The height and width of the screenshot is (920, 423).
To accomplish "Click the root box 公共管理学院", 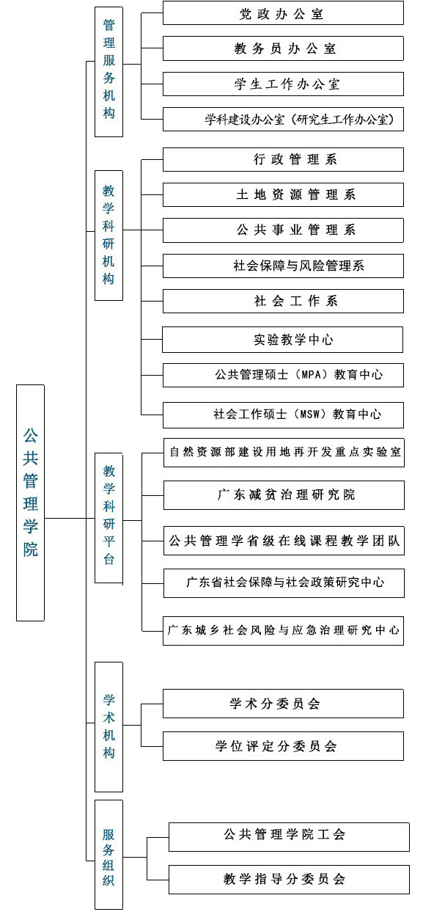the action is (x=30, y=503).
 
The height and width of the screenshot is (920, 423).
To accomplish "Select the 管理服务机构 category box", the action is (x=108, y=71).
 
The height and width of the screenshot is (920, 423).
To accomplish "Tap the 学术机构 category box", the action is (x=108, y=726).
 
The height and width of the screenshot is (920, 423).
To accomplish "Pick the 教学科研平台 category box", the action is (x=108, y=518).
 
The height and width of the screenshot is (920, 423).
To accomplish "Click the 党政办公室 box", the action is (x=283, y=12).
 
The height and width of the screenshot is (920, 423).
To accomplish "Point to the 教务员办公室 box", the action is (x=283, y=48).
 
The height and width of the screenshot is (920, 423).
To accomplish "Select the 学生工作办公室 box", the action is (x=283, y=84).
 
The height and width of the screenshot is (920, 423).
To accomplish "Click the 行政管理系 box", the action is (x=283, y=159).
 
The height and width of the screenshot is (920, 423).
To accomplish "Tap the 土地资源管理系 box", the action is (x=283, y=194).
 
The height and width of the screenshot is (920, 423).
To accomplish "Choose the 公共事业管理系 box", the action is (x=283, y=230).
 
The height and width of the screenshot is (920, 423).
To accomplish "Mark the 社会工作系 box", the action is (x=283, y=302).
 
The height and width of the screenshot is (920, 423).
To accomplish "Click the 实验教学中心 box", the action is (x=283, y=340).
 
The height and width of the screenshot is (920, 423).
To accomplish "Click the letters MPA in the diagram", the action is (x=311, y=375).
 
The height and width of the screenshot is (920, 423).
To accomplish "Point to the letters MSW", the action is (x=310, y=414).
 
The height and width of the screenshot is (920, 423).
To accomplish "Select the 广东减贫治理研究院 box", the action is (x=284, y=495).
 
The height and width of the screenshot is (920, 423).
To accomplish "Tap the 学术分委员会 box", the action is (x=283, y=704).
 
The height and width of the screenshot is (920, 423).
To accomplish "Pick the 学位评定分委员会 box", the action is (x=283, y=746).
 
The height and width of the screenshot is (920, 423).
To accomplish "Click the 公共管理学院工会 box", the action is (x=290, y=837).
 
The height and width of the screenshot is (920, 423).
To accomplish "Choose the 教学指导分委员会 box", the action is (x=290, y=880).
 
